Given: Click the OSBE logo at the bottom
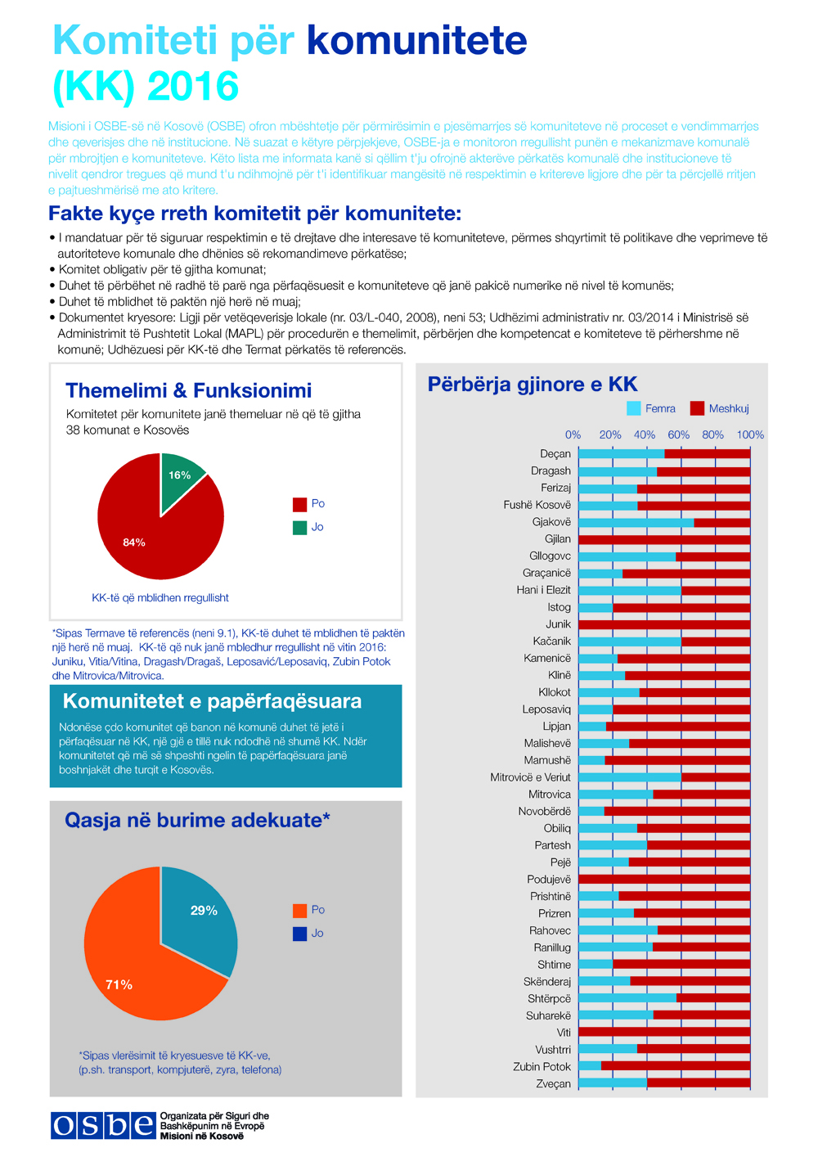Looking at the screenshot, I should click(103, 1126).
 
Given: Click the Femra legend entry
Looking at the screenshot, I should click(651, 408).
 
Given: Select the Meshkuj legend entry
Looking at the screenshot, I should click(719, 408).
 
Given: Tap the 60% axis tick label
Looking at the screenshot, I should click(678, 434).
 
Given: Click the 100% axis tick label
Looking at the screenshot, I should click(750, 434).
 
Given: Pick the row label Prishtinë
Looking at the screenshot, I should click(551, 897).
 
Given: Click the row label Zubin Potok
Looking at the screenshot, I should click(542, 1067).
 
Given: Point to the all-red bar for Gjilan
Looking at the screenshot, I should click(664, 539).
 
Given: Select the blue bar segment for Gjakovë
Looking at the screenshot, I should click(636, 522).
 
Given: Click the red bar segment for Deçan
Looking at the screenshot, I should click(708, 454).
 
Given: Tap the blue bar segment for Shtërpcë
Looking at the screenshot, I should click(627, 998).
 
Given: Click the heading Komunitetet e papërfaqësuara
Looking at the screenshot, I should click(212, 701).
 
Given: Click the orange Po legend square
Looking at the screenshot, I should click(299, 911).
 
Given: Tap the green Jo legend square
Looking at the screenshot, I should click(299, 528).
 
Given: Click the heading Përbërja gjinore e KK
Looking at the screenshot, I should click(533, 385).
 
